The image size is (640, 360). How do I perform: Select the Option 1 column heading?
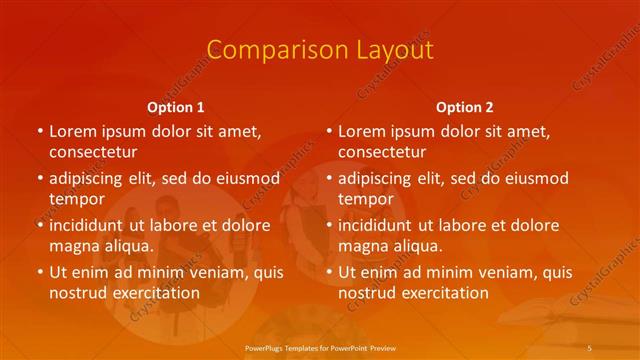point(176,106)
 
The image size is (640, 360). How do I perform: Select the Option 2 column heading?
point(465,106)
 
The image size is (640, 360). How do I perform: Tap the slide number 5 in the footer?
point(590,346)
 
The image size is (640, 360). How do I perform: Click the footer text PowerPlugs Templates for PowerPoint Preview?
point(319,346)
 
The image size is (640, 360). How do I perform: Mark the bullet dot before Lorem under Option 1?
point(40,131)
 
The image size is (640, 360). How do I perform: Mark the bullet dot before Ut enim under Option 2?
point(329,272)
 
